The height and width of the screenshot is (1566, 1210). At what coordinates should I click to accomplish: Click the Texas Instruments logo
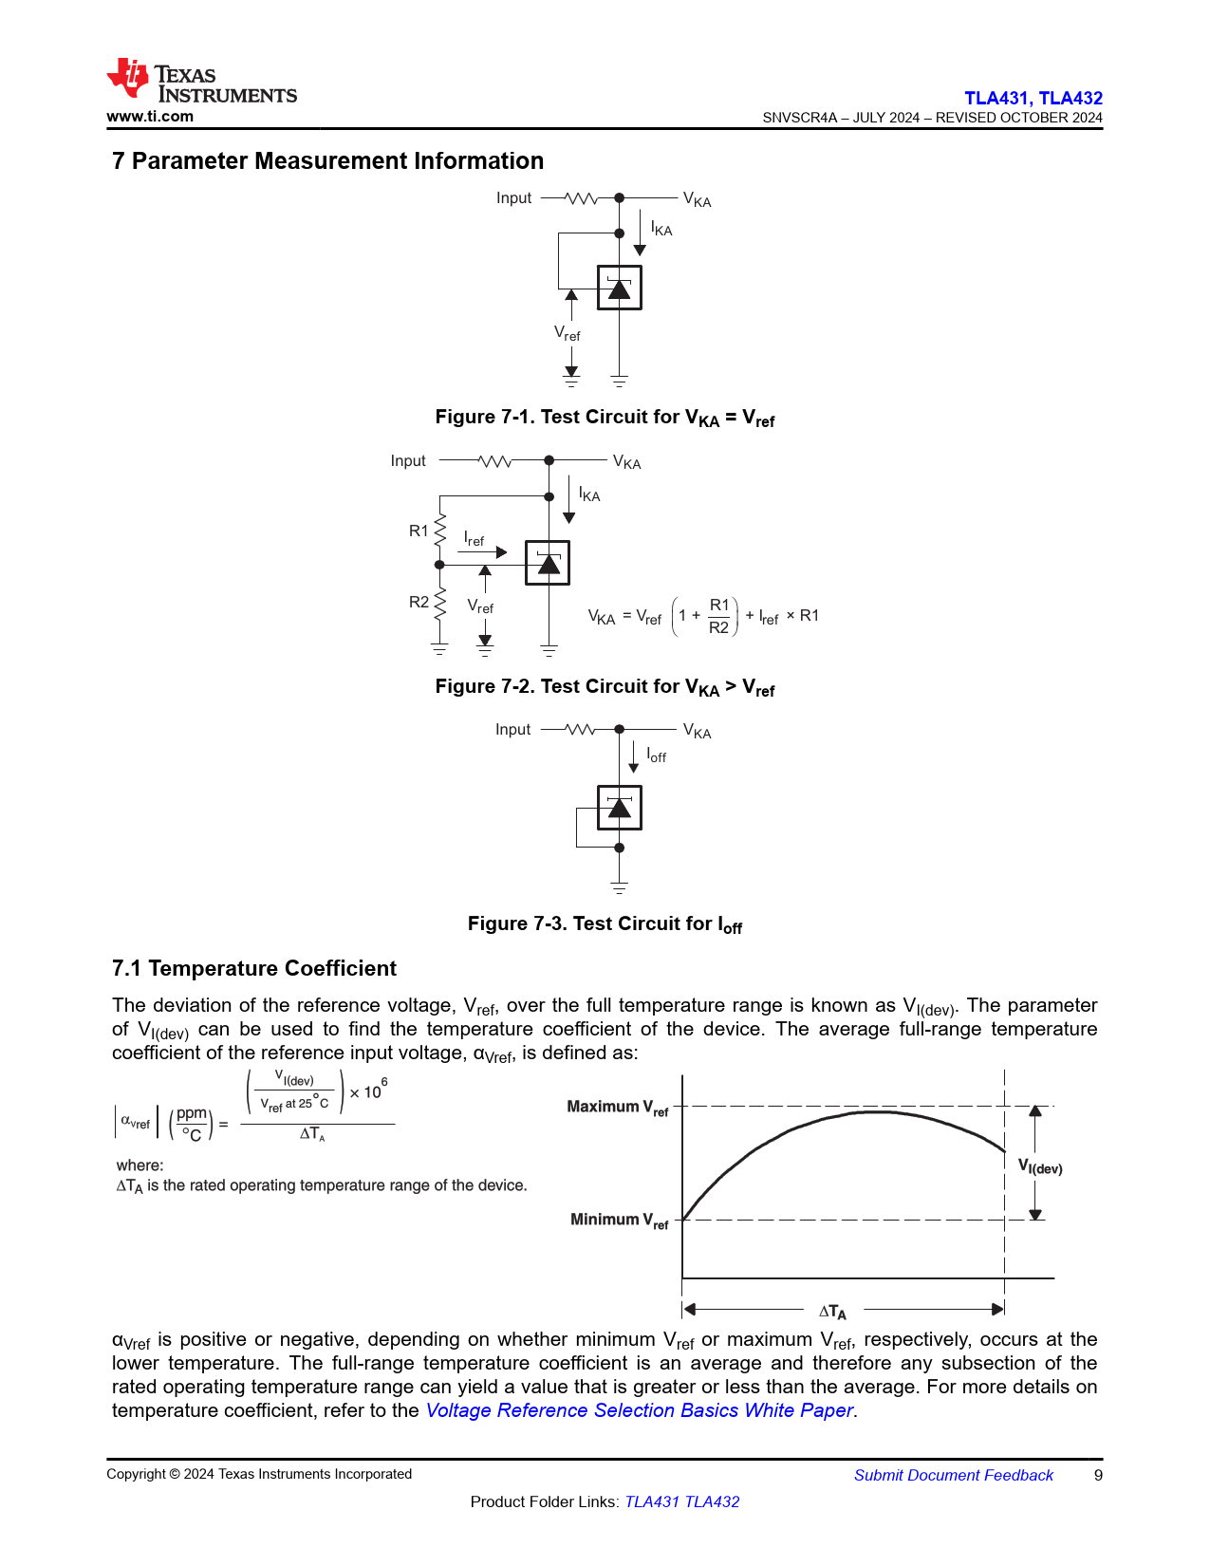(201, 82)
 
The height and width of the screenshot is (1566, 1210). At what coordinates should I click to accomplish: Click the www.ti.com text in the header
(150, 117)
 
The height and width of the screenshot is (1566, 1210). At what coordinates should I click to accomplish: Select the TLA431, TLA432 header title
(1033, 98)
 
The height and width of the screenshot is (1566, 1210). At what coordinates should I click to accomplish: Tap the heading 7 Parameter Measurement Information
(327, 161)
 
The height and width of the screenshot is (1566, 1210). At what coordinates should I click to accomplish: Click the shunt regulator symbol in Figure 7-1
(619, 288)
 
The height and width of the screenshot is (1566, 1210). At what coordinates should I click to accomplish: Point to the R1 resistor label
(419, 531)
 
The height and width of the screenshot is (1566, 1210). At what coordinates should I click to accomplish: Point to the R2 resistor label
(419, 602)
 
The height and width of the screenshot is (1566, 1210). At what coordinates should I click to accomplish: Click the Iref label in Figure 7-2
(474, 539)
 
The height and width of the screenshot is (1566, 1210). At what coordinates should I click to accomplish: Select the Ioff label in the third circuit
(657, 755)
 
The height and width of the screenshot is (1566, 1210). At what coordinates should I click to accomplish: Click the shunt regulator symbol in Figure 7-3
(619, 808)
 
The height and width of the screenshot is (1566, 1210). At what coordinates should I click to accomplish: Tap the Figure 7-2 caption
(605, 687)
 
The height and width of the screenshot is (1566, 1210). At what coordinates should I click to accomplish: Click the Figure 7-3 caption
(605, 924)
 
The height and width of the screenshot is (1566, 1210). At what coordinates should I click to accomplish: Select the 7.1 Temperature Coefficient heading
(253, 968)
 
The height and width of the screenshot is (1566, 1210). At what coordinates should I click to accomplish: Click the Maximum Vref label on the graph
(617, 1108)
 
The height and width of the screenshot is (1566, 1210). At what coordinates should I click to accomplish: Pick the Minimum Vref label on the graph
(619, 1221)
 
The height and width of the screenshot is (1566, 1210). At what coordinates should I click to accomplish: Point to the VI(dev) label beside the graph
(1040, 1166)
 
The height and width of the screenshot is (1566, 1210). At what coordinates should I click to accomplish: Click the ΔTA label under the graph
(832, 1312)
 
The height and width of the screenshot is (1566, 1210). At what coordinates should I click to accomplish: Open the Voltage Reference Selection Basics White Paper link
(639, 1410)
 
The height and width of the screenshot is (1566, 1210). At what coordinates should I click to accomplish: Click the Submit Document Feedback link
(953, 1475)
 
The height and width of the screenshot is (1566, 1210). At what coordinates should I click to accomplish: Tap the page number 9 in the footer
(1098, 1475)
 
